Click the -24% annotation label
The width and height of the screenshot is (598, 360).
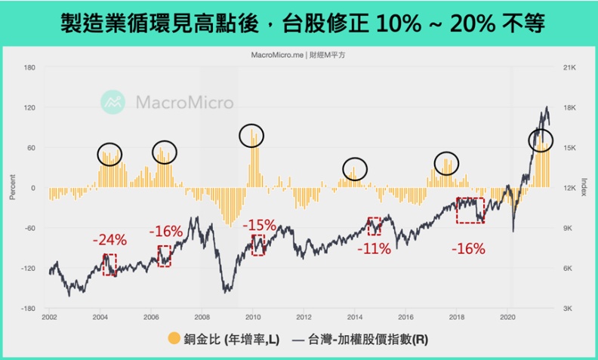tap(109, 240)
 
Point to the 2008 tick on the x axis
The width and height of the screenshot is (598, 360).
tap(202, 318)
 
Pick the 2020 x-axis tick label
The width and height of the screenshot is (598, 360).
tap(507, 318)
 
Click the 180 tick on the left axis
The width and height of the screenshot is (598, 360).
tap(30, 67)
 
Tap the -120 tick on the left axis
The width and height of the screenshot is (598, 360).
tap(29, 269)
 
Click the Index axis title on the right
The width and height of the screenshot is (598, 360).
tap(585, 187)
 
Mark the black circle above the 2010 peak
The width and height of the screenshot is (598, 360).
tap(252, 135)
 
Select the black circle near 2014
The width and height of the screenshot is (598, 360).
tap(355, 168)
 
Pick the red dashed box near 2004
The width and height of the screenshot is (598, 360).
tap(109, 264)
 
